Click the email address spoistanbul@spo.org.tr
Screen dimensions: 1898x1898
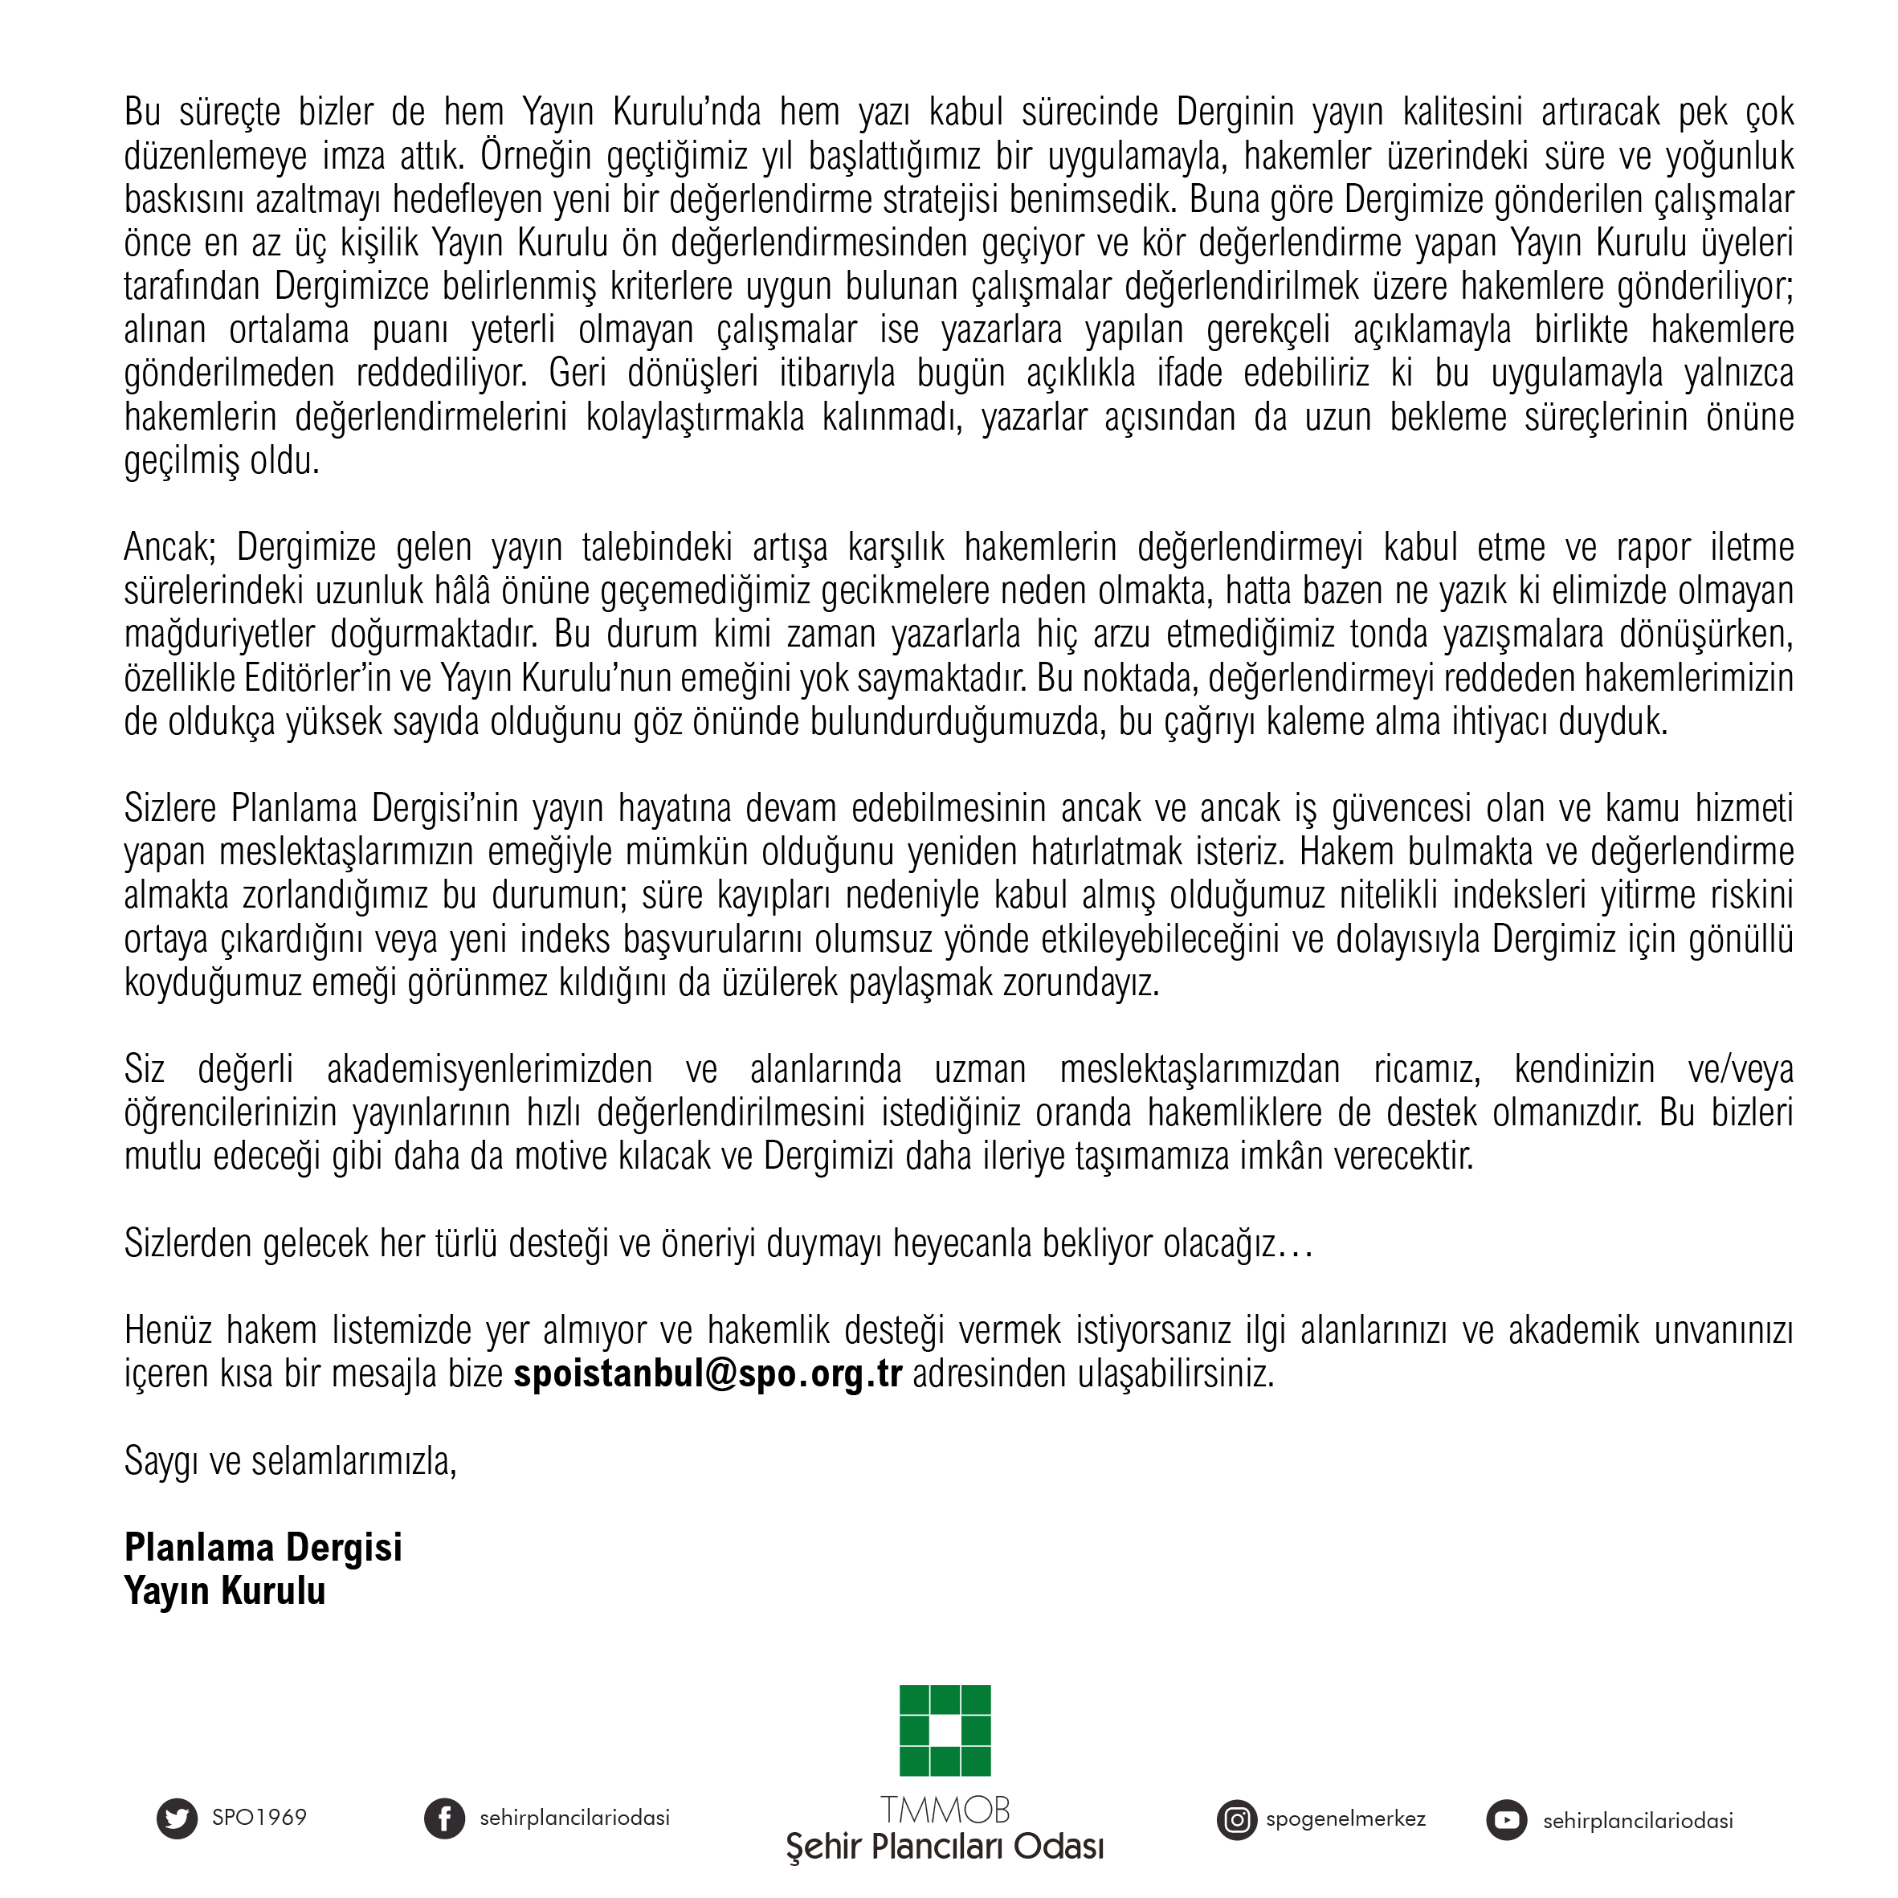(708, 1373)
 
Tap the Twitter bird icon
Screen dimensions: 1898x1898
(177, 1818)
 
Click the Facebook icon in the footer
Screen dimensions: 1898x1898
(444, 1818)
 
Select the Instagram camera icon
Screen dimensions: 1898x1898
(1237, 1819)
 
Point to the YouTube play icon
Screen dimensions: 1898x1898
(1506, 1820)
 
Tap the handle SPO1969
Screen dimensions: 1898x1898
(259, 1818)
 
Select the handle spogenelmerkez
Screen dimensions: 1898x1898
(1346, 1818)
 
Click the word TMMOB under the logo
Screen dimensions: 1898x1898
(945, 1809)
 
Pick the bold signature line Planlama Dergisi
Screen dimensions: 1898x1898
(263, 1547)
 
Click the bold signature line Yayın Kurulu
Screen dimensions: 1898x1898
(224, 1591)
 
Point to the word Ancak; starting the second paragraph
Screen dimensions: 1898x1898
(169, 547)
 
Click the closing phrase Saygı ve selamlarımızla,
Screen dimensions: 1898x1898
(290, 1461)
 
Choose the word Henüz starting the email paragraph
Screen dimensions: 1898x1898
(168, 1330)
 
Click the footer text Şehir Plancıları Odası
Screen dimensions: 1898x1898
(945, 1847)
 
